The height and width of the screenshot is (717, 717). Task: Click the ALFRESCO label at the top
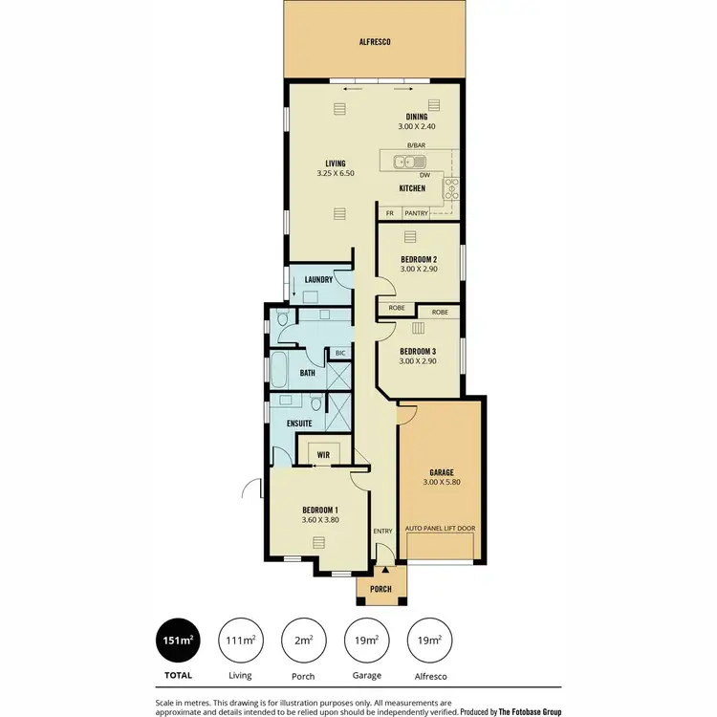click(375, 42)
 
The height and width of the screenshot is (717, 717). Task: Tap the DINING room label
click(416, 117)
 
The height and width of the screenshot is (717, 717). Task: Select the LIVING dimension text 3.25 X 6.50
click(336, 173)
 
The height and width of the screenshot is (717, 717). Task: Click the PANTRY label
click(416, 213)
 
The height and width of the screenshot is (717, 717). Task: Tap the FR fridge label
click(390, 213)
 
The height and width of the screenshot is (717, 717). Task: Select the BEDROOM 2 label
click(419, 260)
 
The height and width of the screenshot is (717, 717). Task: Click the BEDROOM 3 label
click(419, 351)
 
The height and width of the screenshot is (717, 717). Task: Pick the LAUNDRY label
click(317, 279)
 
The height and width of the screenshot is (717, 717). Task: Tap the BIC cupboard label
click(339, 353)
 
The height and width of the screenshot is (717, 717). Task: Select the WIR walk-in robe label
click(324, 456)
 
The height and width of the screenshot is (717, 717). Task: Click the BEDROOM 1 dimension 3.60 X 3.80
click(320, 519)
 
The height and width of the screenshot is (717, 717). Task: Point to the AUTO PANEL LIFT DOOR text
click(441, 528)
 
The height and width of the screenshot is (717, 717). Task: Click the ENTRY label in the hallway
click(382, 531)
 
